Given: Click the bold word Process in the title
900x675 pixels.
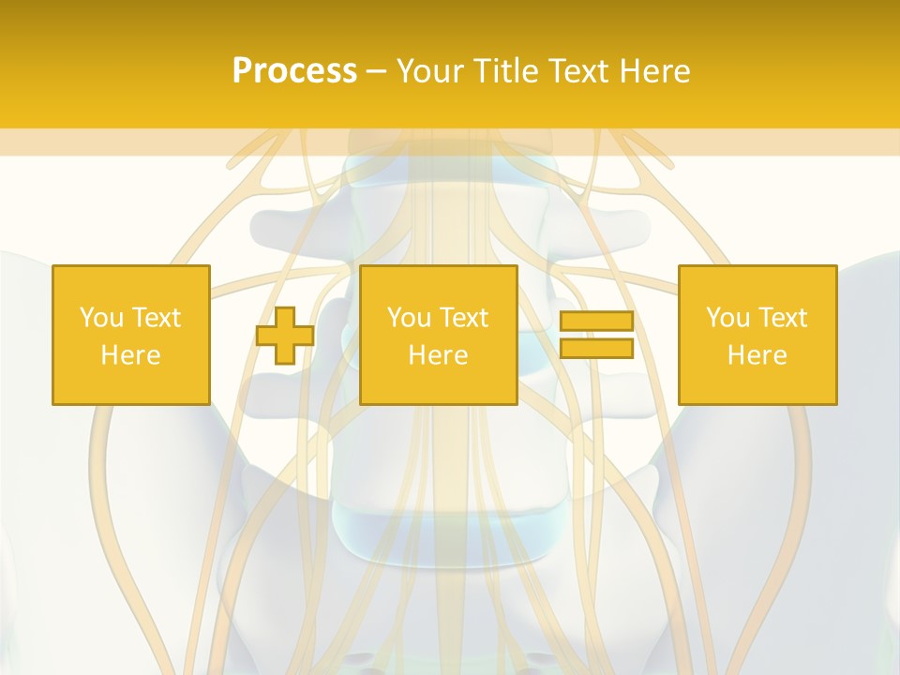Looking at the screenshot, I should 294,71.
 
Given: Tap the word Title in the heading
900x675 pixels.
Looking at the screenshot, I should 507,71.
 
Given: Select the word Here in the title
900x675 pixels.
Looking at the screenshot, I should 652,71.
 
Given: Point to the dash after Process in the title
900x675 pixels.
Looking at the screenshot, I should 376,72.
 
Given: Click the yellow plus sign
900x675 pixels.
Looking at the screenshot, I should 285,336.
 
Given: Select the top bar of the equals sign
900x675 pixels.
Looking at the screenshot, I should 596,322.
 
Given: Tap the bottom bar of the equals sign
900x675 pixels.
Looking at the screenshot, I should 596,349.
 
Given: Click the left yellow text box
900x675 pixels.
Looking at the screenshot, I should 131,335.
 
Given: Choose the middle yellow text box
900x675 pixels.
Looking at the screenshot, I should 439,335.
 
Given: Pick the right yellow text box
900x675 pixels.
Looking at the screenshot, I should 757,335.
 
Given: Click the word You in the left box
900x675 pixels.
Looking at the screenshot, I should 101,318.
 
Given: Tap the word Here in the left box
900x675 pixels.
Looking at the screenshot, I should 131,355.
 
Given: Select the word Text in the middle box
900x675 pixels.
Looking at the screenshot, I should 463,318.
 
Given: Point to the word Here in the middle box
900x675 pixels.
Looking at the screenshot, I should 439,355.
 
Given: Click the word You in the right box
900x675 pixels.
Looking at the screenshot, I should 727,318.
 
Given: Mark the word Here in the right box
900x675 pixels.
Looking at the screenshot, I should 757,355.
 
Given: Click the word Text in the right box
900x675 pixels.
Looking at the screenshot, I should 782,318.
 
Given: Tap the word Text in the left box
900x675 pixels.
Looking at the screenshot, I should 156,318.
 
